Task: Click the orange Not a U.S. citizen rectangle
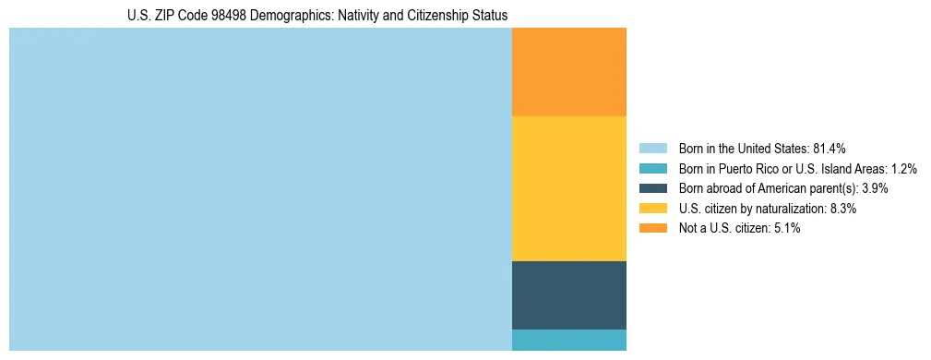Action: point(568,72)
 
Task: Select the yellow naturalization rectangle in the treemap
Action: point(568,188)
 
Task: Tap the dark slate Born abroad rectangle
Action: point(568,294)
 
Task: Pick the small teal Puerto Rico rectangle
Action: point(568,340)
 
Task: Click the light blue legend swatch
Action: point(652,149)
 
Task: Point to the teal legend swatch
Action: point(652,169)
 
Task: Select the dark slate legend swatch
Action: point(652,188)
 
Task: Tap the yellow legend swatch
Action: point(652,209)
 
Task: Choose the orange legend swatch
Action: point(652,228)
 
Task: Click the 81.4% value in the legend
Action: point(830,149)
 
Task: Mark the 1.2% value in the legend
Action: point(903,169)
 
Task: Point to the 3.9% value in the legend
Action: point(876,188)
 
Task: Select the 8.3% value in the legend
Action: point(842,209)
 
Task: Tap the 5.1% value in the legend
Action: point(785,228)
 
